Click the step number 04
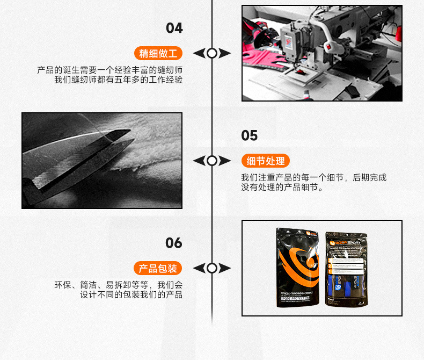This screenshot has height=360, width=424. point(174,28)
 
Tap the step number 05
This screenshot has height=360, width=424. point(250,136)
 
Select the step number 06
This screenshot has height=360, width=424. point(174,243)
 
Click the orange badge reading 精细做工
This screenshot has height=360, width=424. point(158,53)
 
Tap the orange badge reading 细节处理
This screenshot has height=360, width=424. point(266,161)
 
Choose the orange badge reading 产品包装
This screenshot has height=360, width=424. point(158,268)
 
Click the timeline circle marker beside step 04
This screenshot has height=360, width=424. point(212,53)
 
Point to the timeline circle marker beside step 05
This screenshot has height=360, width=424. point(212,161)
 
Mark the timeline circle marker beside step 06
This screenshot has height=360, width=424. point(212,268)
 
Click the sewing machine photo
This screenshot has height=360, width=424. point(321,53)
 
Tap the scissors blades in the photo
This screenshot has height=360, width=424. point(81,156)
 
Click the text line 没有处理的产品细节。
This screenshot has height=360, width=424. point(282,188)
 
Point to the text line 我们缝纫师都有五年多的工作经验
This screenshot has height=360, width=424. point(118,80)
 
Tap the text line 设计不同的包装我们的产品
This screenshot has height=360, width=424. point(131,295)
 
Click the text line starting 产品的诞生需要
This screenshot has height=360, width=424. point(109,70)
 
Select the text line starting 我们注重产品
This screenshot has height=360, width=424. point(313,178)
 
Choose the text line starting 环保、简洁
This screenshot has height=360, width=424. point(118,285)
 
